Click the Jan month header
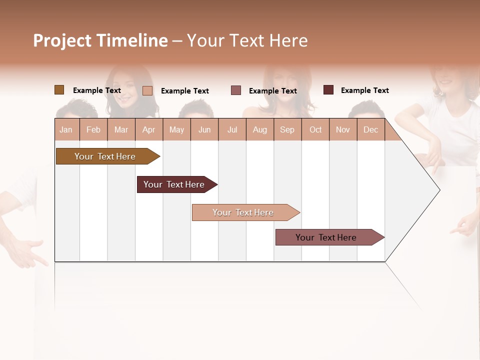[x=66, y=129]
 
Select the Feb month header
[x=93, y=129]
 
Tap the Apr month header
[x=148, y=129]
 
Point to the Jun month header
[x=204, y=129]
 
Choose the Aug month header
[x=259, y=129]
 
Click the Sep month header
[x=287, y=129]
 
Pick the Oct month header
[x=315, y=129]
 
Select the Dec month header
[x=370, y=129]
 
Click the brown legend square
[x=59, y=90]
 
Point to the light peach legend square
[x=147, y=90]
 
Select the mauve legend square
[x=236, y=90]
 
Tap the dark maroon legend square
[x=328, y=90]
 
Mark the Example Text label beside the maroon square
[x=364, y=90]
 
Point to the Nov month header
[x=343, y=129]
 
